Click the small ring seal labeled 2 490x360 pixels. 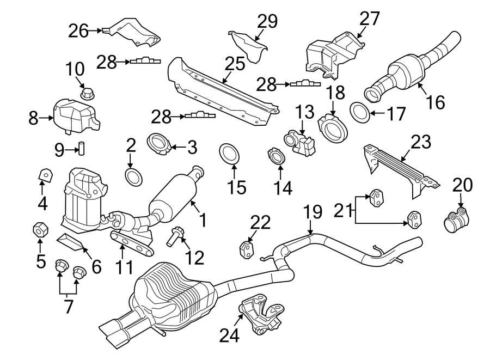(x=132, y=176)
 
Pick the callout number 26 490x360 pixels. (x=78, y=31)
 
